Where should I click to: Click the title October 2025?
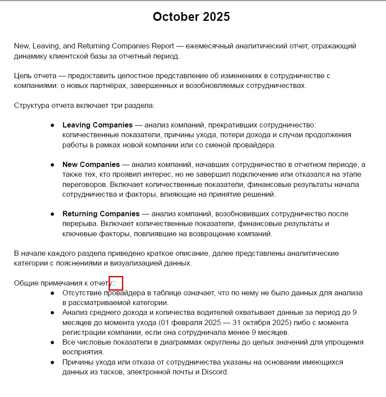(191, 17)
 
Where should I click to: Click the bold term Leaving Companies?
(97, 125)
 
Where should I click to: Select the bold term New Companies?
(91, 165)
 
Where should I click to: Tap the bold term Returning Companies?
(101, 214)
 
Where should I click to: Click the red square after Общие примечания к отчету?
(115, 283)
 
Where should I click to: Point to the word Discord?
(214, 372)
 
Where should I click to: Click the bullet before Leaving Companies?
(52, 125)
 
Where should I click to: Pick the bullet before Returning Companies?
(52, 214)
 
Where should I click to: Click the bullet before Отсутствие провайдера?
(52, 294)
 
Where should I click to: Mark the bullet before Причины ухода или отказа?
(52, 362)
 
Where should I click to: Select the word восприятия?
(83, 352)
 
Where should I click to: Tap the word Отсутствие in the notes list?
(82, 294)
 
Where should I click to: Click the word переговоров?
(83, 184)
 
